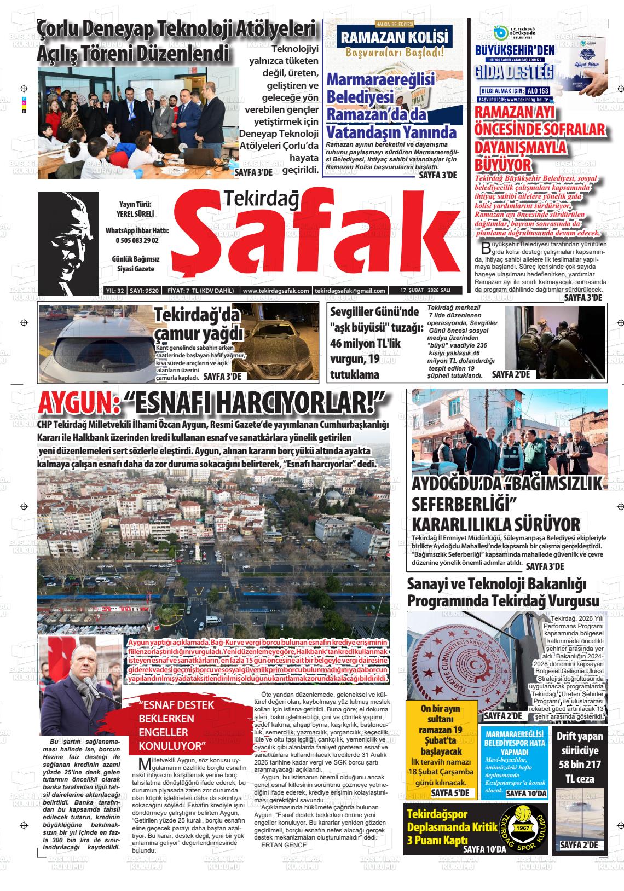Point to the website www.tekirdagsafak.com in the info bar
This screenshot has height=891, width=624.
(x=276, y=291)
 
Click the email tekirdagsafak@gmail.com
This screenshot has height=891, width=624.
(x=351, y=291)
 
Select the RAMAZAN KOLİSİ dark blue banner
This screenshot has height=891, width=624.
(x=395, y=38)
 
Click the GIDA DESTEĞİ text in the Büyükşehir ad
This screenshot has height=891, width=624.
(x=515, y=72)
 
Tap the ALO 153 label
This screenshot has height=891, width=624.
(x=536, y=90)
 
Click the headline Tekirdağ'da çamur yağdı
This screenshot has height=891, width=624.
(x=198, y=325)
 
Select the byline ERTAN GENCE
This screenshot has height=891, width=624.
(x=284, y=845)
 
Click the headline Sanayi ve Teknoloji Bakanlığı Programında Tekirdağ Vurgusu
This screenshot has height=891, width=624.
(x=504, y=593)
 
